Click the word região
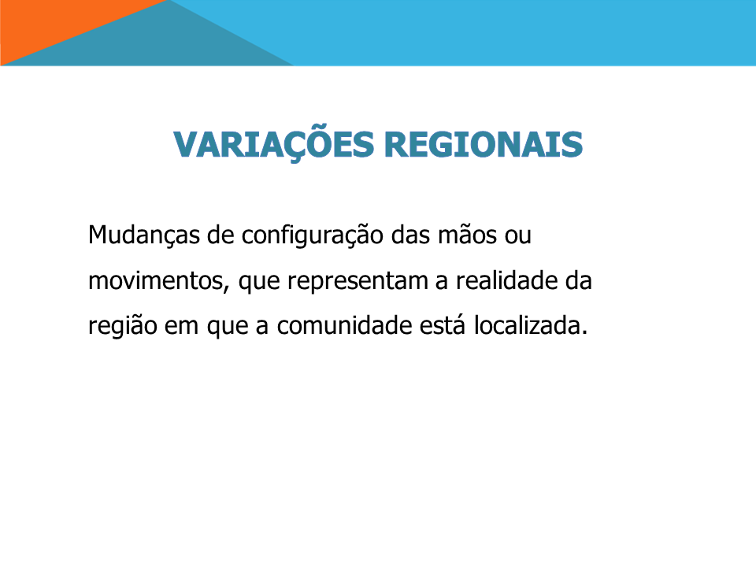point(123,327)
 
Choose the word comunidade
point(344,325)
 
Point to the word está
point(443,325)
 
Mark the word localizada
point(528,325)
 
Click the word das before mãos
point(410,235)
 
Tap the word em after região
point(181,328)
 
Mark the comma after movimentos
point(226,289)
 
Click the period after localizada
point(585,334)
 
